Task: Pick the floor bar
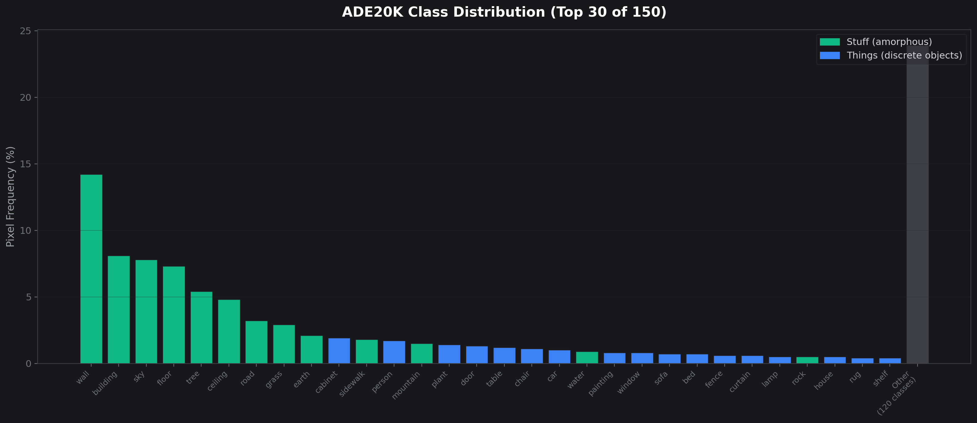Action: [174, 315]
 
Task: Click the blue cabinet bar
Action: [339, 351]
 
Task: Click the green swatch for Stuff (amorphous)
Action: [829, 42]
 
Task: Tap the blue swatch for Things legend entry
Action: [829, 55]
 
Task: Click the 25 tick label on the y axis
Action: [25, 31]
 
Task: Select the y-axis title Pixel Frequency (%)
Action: [10, 197]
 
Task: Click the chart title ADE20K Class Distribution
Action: [504, 12]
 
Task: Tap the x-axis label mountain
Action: [406, 385]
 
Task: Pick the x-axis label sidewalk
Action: [352, 383]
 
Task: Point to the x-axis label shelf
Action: [881, 378]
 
